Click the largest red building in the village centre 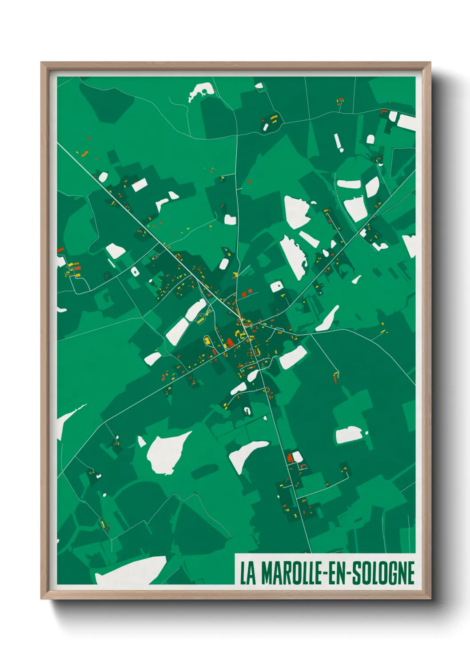point(230,342)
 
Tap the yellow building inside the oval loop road point(207,341)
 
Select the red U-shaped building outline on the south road point(304,467)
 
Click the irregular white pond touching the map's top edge point(201,91)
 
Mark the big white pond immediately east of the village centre point(293,356)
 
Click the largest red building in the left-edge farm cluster point(77,268)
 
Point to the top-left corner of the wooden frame point(42,63)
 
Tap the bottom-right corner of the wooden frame point(430,598)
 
